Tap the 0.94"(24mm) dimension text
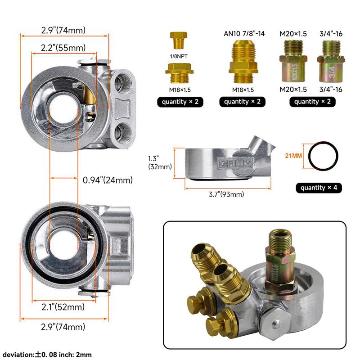[x=108, y=180]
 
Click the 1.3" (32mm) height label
[x=160, y=162]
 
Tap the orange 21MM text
[x=293, y=156]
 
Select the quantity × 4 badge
[x=319, y=188]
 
